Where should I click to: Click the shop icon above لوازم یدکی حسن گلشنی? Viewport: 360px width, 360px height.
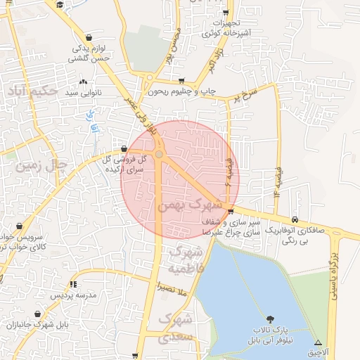tap(89, 37)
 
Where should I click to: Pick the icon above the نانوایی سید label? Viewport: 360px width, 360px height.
tap(84, 82)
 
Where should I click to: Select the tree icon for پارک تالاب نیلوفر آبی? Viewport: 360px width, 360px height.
tap(271, 320)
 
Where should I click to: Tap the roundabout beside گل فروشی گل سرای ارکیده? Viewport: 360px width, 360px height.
tap(160, 154)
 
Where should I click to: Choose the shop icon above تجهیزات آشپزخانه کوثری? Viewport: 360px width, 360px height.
tap(226, 12)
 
